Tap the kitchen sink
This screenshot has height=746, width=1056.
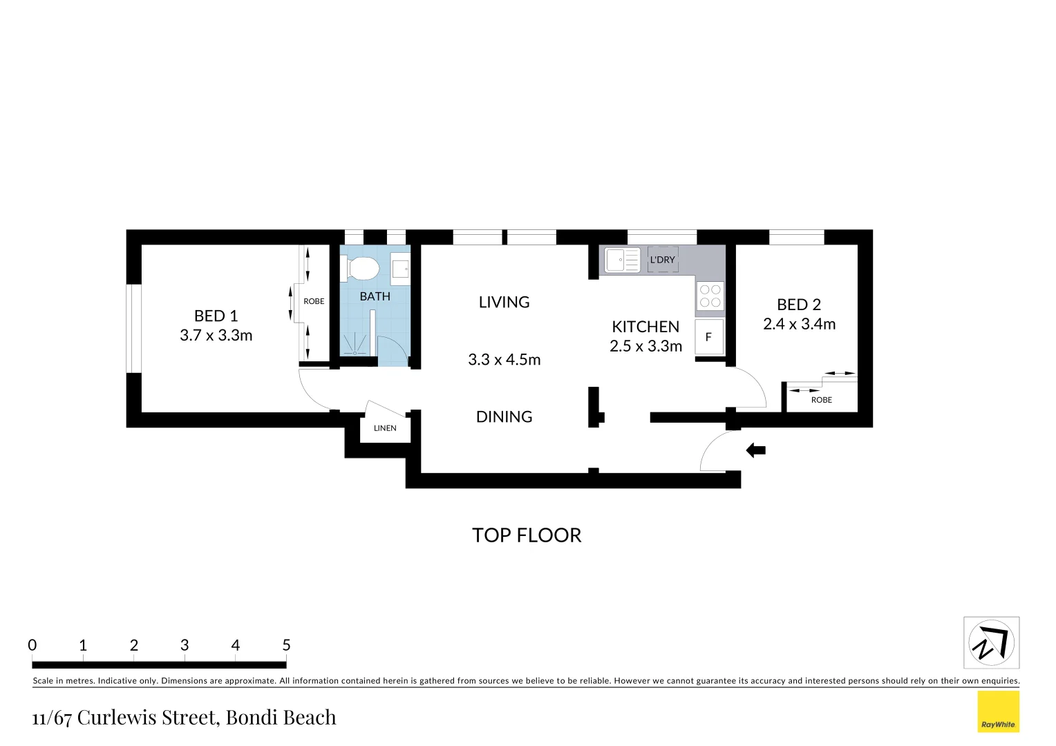click(622, 260)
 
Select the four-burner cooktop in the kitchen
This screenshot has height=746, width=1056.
click(710, 296)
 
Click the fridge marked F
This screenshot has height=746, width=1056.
click(708, 337)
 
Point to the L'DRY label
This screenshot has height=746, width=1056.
click(662, 260)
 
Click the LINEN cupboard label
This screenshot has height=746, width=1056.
click(385, 428)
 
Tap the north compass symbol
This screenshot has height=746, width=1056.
click(991, 643)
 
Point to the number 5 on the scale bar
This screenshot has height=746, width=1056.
click(286, 645)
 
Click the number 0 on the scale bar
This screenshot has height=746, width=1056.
click(32, 645)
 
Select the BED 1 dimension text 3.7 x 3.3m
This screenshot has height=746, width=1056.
click(216, 336)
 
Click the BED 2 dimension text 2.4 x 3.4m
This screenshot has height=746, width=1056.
click(799, 324)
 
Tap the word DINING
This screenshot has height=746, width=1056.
click(504, 417)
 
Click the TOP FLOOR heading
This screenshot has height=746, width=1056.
click(527, 535)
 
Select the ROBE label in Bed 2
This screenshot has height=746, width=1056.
click(821, 400)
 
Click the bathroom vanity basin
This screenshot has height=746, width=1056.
click(400, 269)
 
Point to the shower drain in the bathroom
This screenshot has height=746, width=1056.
click(355, 352)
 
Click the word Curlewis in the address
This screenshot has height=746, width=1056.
click(147, 718)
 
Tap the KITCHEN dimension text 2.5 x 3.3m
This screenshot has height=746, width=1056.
click(645, 346)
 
